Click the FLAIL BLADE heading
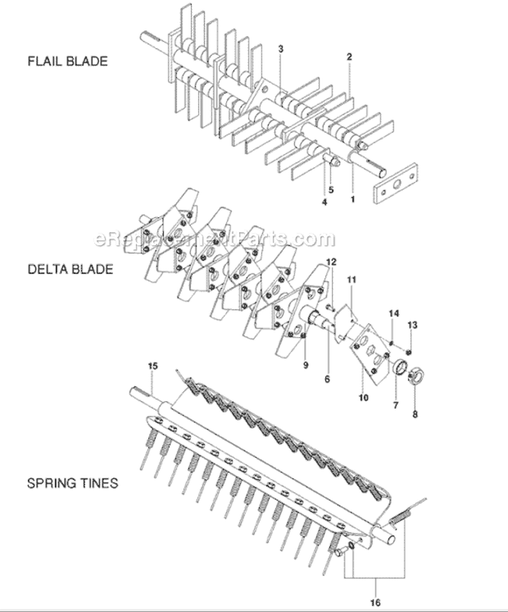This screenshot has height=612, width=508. point(68,61)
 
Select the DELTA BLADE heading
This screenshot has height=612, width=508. point(70,269)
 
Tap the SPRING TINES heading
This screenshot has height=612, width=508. point(72,483)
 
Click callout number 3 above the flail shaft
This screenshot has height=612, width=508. point(280,49)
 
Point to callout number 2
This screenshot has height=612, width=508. point(349,56)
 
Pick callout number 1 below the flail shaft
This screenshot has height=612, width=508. point(353,199)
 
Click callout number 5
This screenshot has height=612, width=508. point(331,190)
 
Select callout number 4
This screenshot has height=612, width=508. point(324,202)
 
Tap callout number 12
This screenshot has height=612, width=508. point(331,262)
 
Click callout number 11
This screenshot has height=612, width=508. point(352,280)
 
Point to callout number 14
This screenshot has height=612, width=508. point(394,313)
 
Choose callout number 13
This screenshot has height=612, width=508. point(412,325)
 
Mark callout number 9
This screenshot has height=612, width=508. point(305,365)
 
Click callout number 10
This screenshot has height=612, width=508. point(363,398)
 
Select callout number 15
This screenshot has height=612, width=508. point(152,366)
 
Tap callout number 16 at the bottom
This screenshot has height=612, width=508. point(375,603)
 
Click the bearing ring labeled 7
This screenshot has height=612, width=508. point(400,368)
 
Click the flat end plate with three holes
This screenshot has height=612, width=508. point(396,183)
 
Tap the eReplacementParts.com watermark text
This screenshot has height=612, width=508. point(214,239)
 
